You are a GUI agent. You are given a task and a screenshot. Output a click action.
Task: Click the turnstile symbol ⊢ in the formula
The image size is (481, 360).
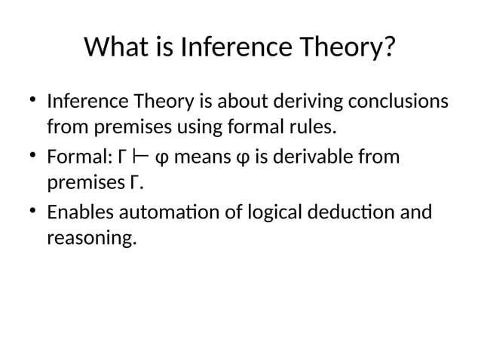coord(139,157)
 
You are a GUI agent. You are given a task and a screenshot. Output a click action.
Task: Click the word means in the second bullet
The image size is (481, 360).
coord(202,158)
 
